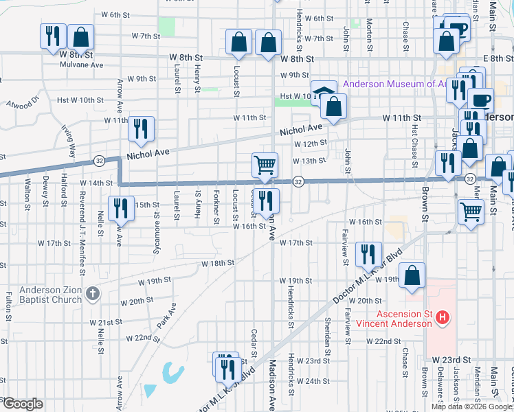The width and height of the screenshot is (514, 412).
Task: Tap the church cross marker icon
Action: (x=93, y=295)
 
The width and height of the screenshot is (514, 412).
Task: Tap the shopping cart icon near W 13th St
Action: (x=265, y=165)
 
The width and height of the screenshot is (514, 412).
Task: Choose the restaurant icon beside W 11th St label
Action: (x=141, y=129)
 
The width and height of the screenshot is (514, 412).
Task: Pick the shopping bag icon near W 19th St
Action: (x=411, y=276)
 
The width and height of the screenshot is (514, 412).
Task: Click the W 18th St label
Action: (x=218, y=263)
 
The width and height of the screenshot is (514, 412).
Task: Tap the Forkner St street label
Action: (x=217, y=206)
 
